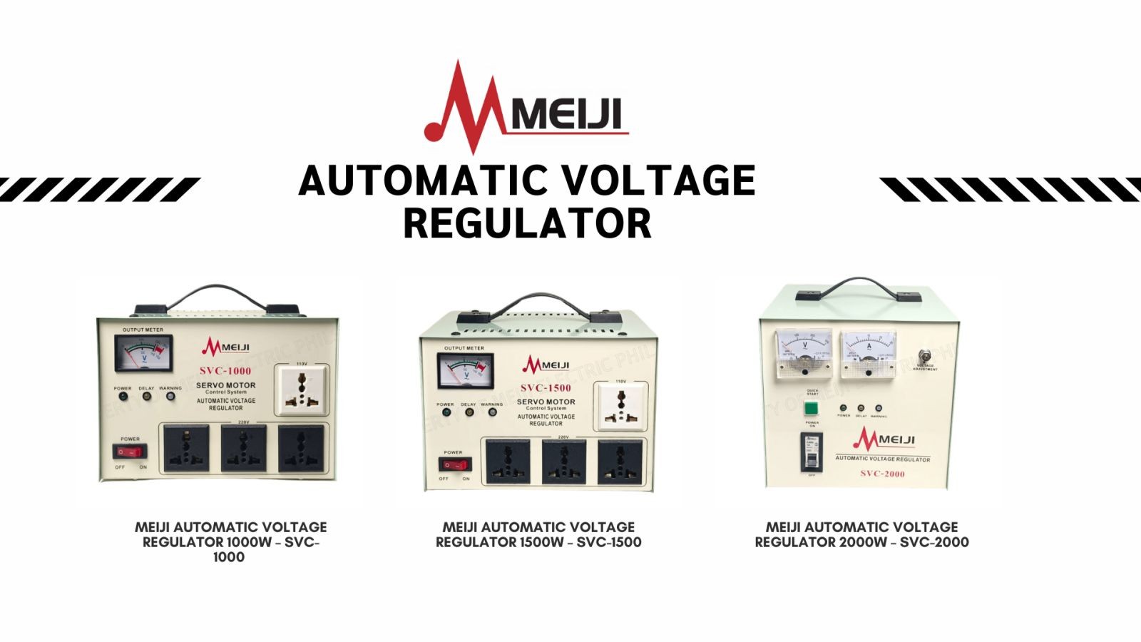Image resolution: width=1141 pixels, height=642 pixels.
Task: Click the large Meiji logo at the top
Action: coord(526,107)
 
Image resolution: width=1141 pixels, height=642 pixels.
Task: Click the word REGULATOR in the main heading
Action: coord(527,223)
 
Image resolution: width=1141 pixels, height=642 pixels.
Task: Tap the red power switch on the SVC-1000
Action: coord(131,452)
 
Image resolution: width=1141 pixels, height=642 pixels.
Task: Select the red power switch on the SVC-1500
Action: coord(455,464)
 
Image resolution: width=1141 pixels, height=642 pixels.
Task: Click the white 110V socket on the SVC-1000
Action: coord(302,389)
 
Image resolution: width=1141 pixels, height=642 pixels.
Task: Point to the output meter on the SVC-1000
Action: coord(143,352)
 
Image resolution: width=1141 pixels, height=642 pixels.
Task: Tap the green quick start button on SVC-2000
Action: coord(812,409)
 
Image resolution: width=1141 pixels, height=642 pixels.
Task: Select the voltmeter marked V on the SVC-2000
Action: coord(804,351)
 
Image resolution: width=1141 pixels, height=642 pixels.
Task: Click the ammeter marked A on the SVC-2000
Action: coord(868,353)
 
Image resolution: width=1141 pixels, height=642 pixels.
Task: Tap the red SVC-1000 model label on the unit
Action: coord(225,371)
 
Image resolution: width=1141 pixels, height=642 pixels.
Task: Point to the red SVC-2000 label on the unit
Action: coord(882,474)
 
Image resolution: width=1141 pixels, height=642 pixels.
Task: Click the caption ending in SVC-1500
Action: coord(538,534)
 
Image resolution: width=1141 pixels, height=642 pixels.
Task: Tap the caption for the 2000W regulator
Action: coord(861,534)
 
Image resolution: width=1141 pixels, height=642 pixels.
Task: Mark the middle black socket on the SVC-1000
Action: coord(243,448)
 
